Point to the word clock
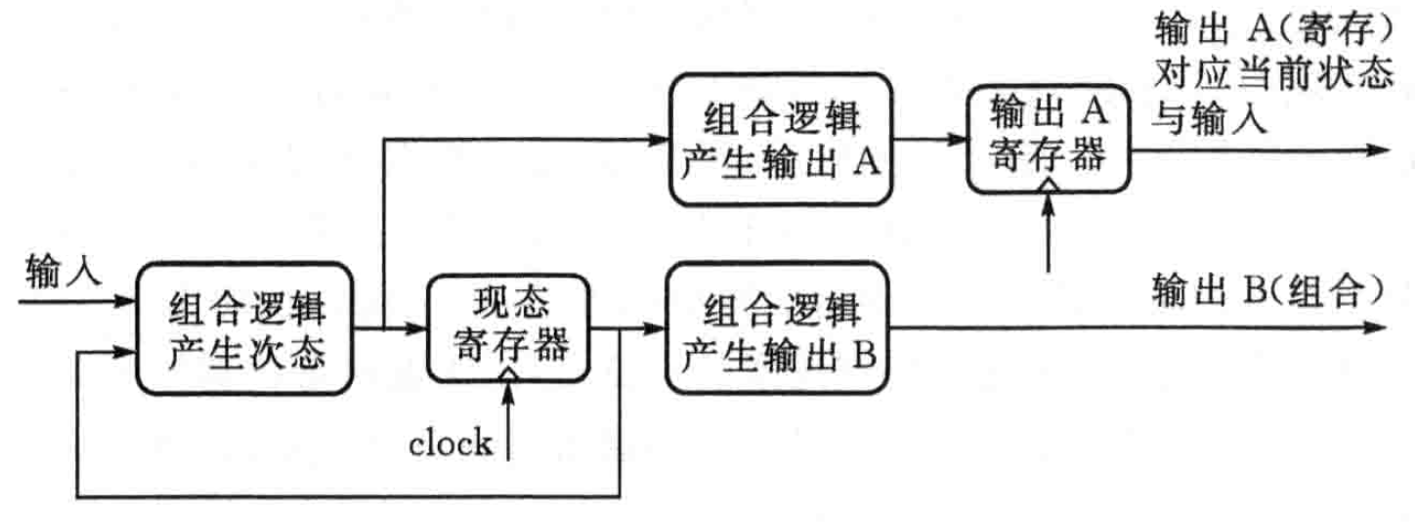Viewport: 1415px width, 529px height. click(x=450, y=444)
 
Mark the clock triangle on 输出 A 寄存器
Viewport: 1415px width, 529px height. click(x=1048, y=183)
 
